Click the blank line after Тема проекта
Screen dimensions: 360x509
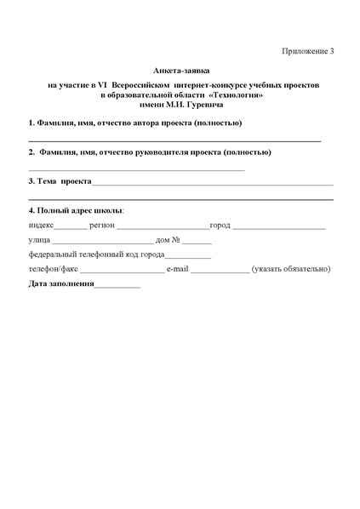click(212, 184)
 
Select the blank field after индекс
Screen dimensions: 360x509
click(71, 227)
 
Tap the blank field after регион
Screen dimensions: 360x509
click(163, 227)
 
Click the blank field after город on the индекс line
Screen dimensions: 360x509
click(278, 227)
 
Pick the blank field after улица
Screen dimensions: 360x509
click(102, 243)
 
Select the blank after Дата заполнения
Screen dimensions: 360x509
click(117, 285)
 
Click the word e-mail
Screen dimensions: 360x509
click(177, 269)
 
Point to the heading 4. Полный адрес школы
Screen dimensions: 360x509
click(76, 209)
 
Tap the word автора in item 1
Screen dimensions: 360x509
click(156, 123)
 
